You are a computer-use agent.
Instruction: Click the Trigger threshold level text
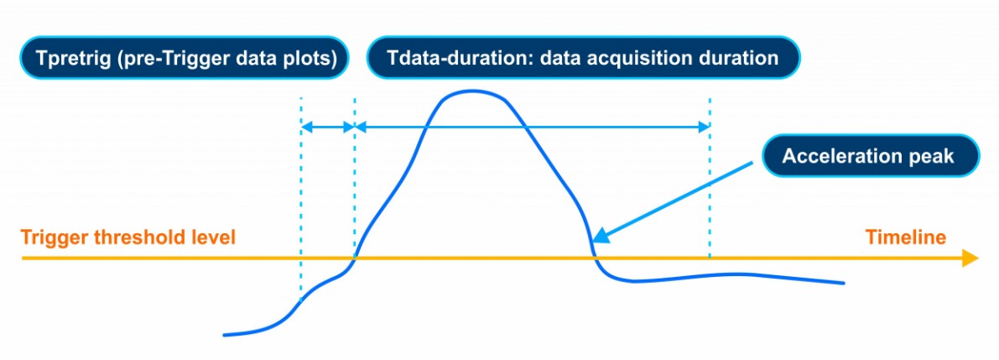pyautogui.click(x=128, y=238)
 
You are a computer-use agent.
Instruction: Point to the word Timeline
pyautogui.click(x=905, y=238)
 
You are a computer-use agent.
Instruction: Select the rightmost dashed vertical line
pyautogui.click(x=709, y=179)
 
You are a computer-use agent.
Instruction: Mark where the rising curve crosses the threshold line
pyautogui.click(x=354, y=258)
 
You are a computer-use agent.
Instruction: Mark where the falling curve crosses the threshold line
pyautogui.click(x=595, y=258)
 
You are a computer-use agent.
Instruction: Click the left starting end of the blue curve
pyautogui.click(x=225, y=335)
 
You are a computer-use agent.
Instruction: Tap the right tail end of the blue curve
pyautogui.click(x=843, y=283)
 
